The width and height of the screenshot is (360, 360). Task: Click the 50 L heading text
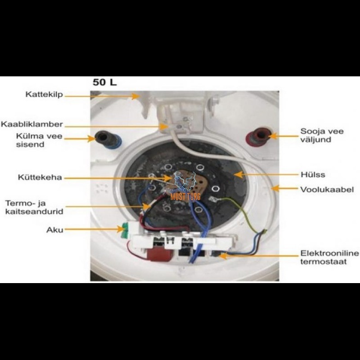click(x=104, y=82)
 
